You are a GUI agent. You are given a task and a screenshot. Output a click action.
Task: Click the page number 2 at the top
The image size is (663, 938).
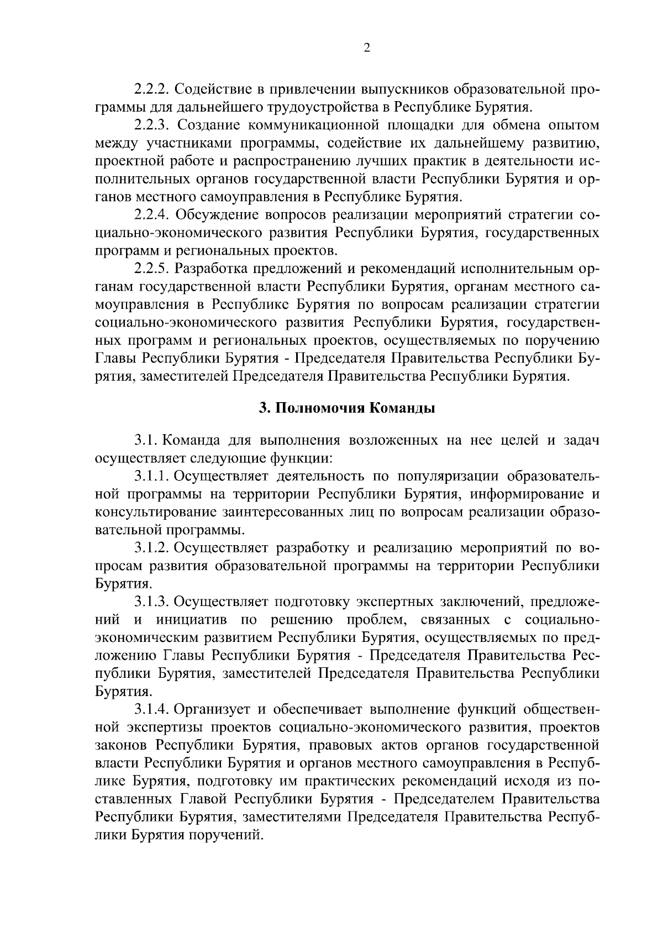(367, 48)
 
